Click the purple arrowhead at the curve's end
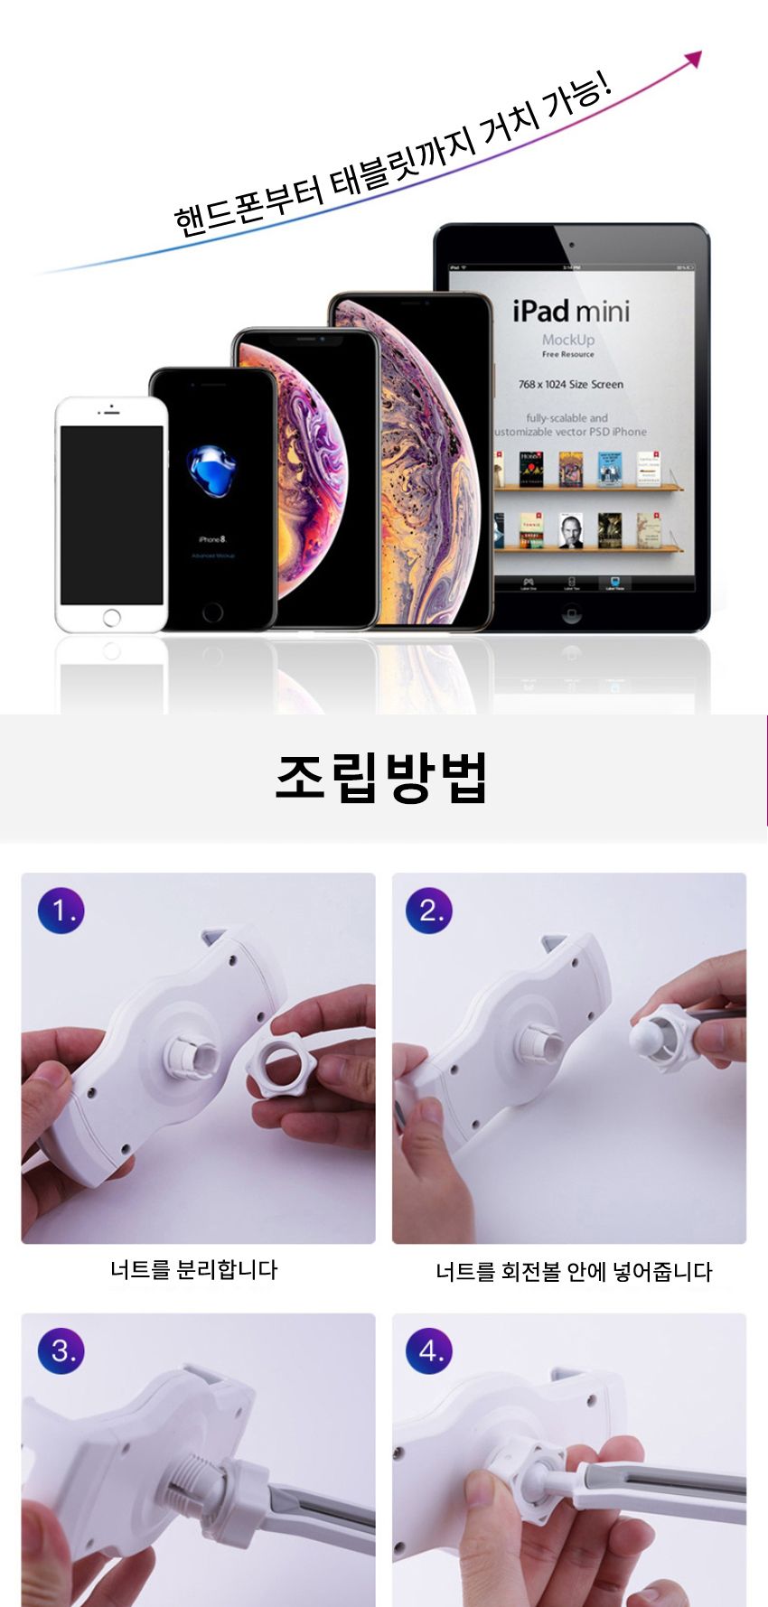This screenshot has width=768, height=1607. pos(694,59)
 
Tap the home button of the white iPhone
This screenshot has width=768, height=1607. pos(111,618)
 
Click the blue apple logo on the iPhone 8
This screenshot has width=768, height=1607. pos(211,470)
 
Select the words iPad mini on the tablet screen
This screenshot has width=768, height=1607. pos(571,312)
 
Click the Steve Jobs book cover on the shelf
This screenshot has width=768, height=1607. pos(569,532)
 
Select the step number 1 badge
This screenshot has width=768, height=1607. pos(61,910)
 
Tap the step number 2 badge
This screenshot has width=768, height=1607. pos(429,910)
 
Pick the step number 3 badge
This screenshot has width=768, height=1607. pos(61,1350)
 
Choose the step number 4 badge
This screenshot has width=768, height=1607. pos(429,1350)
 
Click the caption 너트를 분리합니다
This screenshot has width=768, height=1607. pos(194,1269)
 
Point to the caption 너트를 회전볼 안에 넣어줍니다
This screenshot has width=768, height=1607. pos(574,1272)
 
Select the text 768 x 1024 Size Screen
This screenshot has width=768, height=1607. pos(571,384)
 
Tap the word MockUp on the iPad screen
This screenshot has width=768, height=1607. pos(568,340)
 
